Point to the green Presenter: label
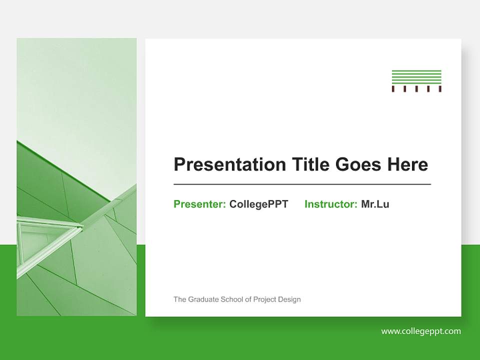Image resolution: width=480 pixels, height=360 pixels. (x=199, y=204)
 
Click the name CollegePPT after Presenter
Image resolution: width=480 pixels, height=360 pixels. (x=258, y=204)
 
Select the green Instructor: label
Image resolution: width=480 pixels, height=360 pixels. (x=330, y=204)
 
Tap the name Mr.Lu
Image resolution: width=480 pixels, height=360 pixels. (x=375, y=204)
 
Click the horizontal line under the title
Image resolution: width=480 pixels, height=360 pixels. (x=302, y=184)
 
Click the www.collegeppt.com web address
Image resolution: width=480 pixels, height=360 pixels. (x=421, y=331)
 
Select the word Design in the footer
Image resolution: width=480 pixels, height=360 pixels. (x=290, y=299)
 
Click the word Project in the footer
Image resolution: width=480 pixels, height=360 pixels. (x=265, y=299)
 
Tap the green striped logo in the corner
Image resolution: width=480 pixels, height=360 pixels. (x=416, y=81)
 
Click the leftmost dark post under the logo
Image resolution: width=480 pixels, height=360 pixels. (x=393, y=89)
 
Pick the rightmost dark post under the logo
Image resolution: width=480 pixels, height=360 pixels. (x=440, y=89)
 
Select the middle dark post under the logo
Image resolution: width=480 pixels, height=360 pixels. (x=416, y=89)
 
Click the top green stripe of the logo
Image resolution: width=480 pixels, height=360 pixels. (x=416, y=71)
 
